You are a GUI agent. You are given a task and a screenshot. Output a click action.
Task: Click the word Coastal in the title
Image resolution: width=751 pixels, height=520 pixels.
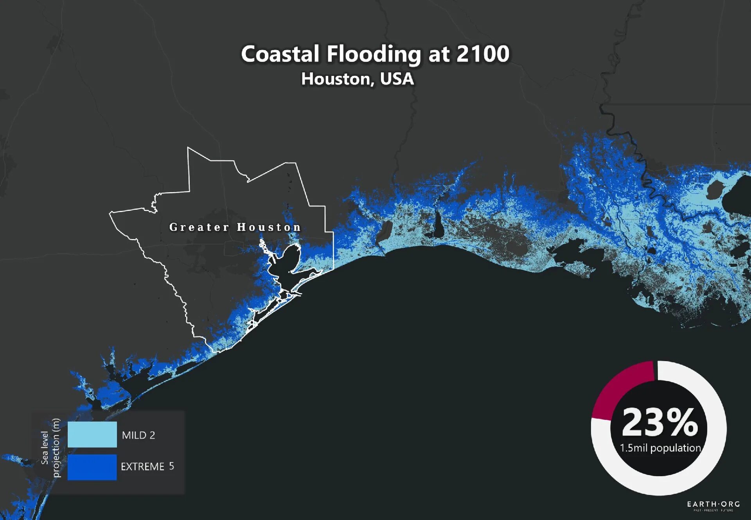[x=280, y=54]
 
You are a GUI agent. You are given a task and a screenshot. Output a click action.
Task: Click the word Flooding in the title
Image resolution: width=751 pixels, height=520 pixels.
[x=374, y=54]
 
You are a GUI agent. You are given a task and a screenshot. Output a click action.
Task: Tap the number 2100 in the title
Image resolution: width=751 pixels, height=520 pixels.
[x=483, y=54]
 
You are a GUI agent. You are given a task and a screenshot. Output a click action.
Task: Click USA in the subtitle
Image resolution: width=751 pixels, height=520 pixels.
[x=397, y=79]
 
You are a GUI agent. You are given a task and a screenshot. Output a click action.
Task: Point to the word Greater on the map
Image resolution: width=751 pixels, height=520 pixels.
[x=199, y=227]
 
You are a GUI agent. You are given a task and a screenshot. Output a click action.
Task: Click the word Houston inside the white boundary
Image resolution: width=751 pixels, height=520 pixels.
[x=269, y=227]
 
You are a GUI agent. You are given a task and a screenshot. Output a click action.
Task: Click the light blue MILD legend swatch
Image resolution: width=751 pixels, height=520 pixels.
[x=92, y=434]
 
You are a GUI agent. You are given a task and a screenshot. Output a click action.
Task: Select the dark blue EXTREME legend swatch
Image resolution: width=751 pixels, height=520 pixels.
[x=92, y=467]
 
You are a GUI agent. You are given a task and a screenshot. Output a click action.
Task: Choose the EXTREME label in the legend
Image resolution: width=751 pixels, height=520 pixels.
[x=142, y=466]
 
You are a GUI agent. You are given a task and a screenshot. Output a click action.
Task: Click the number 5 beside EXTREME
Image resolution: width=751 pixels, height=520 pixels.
[x=171, y=466]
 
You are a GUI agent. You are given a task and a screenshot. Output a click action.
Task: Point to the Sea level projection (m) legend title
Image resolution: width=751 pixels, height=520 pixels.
[x=50, y=448]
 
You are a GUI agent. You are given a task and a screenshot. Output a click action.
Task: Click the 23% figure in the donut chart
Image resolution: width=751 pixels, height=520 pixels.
[x=660, y=423]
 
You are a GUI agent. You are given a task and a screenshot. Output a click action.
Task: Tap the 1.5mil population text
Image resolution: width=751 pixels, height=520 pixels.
[x=660, y=448]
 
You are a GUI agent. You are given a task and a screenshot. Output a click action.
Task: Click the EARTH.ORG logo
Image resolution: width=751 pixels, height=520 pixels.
[x=713, y=505]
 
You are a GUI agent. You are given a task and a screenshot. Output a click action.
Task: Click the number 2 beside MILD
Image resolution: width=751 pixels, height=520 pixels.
[x=152, y=435]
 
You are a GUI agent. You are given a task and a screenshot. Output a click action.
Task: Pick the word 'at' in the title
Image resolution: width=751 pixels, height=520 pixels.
[x=438, y=54]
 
